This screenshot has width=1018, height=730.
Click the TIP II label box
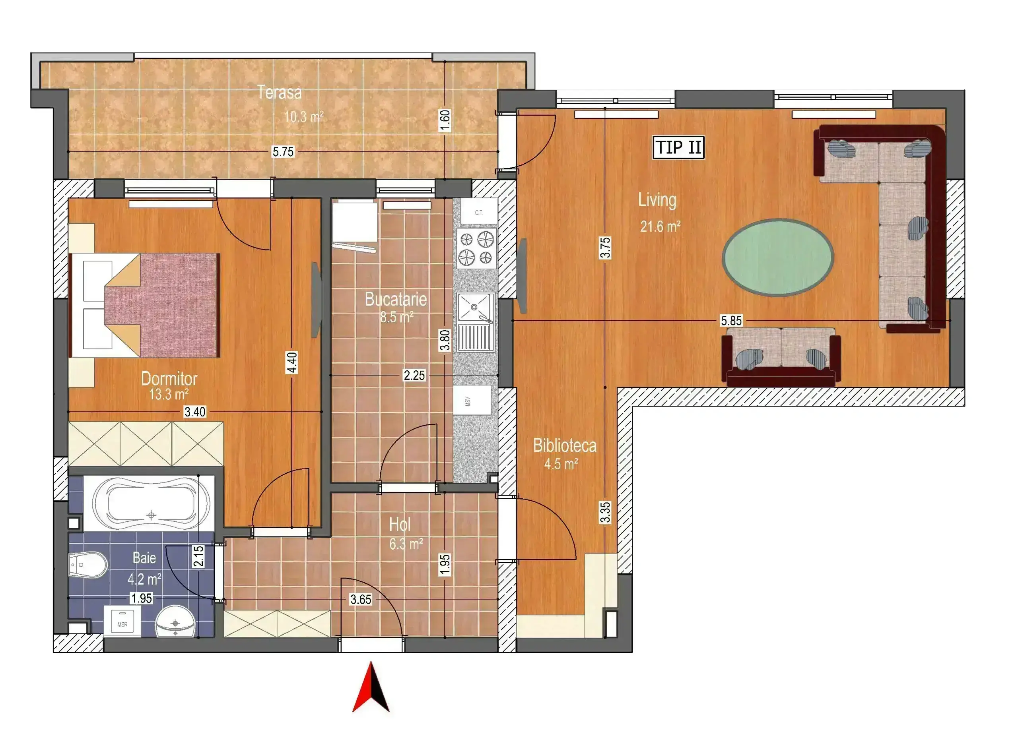678,147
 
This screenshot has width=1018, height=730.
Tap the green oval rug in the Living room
777,258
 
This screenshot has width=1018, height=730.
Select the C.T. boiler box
478,212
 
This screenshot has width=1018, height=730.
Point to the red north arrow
371,687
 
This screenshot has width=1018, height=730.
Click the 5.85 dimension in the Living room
731,320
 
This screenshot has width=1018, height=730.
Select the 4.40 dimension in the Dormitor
292,362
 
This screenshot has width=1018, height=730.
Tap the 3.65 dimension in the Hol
361,599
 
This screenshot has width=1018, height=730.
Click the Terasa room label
279,93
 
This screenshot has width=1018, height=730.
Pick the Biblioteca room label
565,445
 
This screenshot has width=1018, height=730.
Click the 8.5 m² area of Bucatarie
396,317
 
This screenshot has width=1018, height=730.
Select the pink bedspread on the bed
161,305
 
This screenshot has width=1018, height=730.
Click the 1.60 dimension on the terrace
444,120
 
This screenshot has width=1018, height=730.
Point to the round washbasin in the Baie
175,622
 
